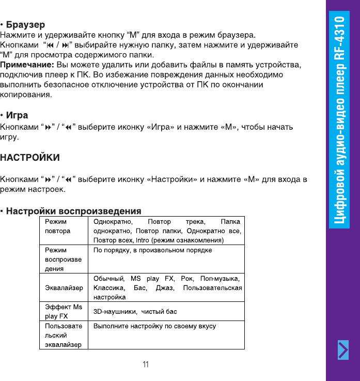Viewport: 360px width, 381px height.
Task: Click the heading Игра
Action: click(x=17, y=115)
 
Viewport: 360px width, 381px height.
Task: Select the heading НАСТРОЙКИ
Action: click(x=30, y=157)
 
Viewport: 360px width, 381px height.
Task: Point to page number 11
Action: click(x=146, y=365)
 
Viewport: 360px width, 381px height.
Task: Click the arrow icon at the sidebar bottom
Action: click(x=343, y=351)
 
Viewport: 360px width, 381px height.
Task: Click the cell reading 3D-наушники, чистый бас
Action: click(x=135, y=312)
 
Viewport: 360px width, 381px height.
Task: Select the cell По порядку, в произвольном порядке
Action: click(x=152, y=250)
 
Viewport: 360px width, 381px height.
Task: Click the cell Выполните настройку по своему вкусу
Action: click(x=154, y=326)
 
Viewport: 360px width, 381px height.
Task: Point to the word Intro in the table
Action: click(x=143, y=240)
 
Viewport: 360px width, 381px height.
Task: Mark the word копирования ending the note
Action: click(x=26, y=95)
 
